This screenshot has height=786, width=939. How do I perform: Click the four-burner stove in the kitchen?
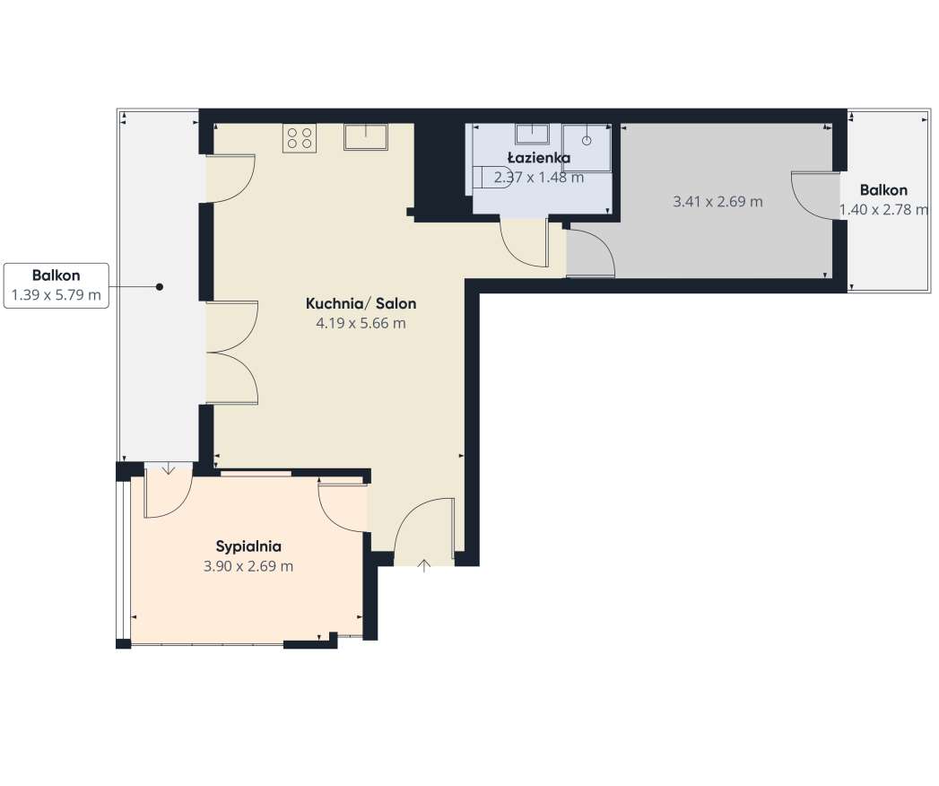[300, 138]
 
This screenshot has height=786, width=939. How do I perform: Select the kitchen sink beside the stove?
[366, 137]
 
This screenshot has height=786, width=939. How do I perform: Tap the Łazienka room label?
[539, 158]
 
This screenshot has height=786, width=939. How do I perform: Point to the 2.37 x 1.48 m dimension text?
[539, 178]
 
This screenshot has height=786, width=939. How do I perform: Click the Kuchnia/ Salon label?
[361, 304]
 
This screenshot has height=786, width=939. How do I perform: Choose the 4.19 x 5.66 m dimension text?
[361, 324]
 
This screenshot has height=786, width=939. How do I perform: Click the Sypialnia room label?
[248, 547]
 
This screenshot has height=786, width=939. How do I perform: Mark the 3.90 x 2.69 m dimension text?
[248, 566]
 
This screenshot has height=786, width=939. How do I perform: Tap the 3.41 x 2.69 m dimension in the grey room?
[718, 201]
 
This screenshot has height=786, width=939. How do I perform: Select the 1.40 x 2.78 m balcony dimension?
[884, 210]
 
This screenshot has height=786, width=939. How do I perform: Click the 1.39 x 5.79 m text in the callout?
[57, 294]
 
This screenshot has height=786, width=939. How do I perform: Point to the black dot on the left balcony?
[160, 287]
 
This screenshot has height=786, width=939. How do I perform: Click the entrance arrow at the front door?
[424, 565]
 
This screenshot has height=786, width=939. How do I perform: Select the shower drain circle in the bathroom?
[587, 141]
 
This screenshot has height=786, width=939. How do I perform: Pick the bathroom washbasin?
[532, 134]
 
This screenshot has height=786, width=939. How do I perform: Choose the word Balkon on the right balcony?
[884, 190]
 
